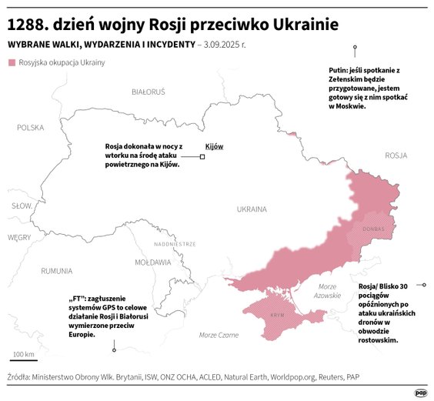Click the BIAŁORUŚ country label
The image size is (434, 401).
point(149,92)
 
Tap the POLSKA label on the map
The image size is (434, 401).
point(31,128)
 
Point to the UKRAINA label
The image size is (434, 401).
point(251,209)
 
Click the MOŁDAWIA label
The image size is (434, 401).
point(152,262)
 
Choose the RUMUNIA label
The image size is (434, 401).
point(57,271)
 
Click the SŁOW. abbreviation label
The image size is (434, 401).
point(21,206)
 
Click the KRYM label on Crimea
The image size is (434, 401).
point(277,316)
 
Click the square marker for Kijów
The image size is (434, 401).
point(202,157)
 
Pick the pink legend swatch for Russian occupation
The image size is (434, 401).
point(11,62)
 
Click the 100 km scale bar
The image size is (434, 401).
point(23,359)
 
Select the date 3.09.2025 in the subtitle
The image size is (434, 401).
point(223,45)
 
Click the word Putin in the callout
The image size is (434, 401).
point(339,70)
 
